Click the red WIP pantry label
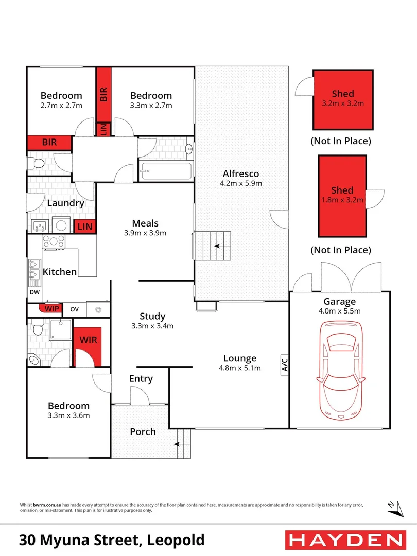[x=51, y=309]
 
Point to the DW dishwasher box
[x=34, y=292]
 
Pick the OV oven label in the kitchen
[x=74, y=309]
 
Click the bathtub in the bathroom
[x=166, y=169]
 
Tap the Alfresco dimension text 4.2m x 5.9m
[x=241, y=183]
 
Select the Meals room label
[x=145, y=223]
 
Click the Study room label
[x=152, y=316]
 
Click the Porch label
[x=143, y=431]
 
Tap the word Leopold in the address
[x=176, y=540]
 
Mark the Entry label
[x=141, y=379]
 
